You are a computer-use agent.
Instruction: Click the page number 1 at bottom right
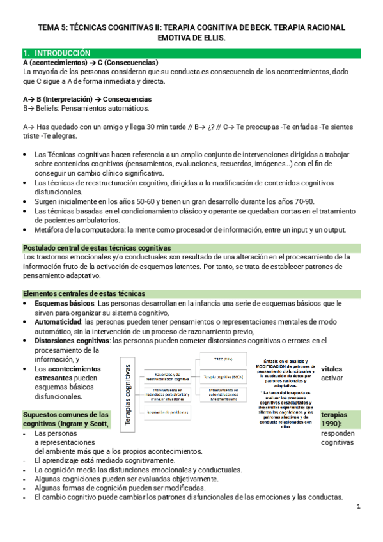click(359, 507)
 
